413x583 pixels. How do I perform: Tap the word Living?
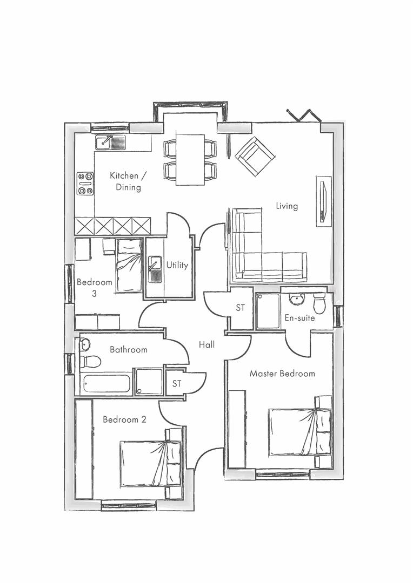click(x=287, y=206)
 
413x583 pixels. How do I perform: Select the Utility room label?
click(x=177, y=265)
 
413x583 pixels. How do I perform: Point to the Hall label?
click(x=206, y=344)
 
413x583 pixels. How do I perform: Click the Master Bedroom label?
click(x=282, y=374)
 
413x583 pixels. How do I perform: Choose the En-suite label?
click(x=299, y=318)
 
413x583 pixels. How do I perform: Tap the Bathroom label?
click(x=129, y=350)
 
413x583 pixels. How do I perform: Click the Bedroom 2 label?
click(x=124, y=419)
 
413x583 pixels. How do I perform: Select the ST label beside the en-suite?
click(x=241, y=308)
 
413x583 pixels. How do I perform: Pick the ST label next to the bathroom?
click(x=177, y=384)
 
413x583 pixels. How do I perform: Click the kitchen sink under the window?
click(x=110, y=142)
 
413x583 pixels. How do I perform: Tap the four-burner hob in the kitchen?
click(x=85, y=183)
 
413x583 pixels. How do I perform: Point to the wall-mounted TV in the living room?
click(x=323, y=201)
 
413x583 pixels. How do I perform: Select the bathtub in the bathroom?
click(x=105, y=383)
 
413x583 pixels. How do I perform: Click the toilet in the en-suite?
click(x=319, y=302)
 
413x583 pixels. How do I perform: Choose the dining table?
click(x=190, y=160)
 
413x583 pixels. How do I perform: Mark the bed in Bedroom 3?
click(x=129, y=265)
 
